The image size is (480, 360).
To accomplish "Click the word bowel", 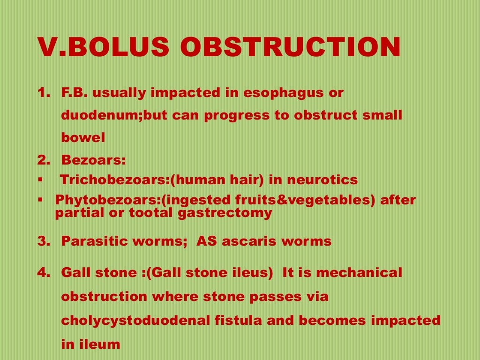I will (x=83, y=138).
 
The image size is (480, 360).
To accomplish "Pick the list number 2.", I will (x=43, y=160).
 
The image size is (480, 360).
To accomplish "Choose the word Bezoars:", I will (x=94, y=160).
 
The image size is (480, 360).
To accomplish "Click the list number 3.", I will (x=43, y=241).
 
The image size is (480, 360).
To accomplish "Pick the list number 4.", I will (x=43, y=272).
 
